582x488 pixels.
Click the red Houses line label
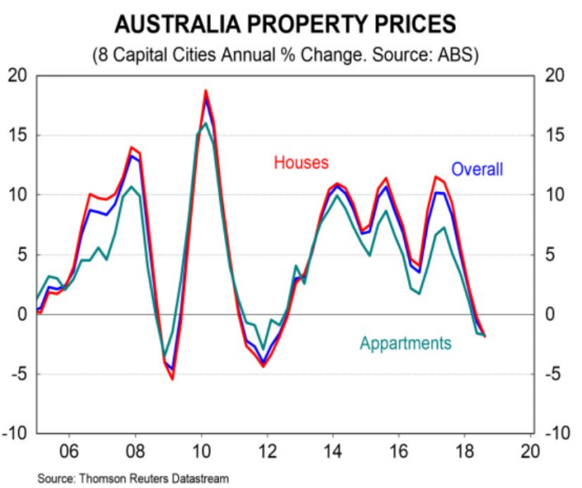[x=301, y=163]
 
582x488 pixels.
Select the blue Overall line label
[x=477, y=169]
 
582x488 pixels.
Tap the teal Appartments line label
[x=406, y=343]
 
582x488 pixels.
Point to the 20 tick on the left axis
[x=18, y=76]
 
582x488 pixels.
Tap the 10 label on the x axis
[x=202, y=451]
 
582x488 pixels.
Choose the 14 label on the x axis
[x=334, y=451]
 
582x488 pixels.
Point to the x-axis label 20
[x=531, y=451]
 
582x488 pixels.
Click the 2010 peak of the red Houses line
[x=205, y=90]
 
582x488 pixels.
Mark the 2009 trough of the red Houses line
[x=172, y=379]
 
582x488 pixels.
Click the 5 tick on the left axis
[x=22, y=255]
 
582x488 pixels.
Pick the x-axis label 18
[x=465, y=451]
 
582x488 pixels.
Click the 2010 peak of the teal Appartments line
[x=205, y=124]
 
